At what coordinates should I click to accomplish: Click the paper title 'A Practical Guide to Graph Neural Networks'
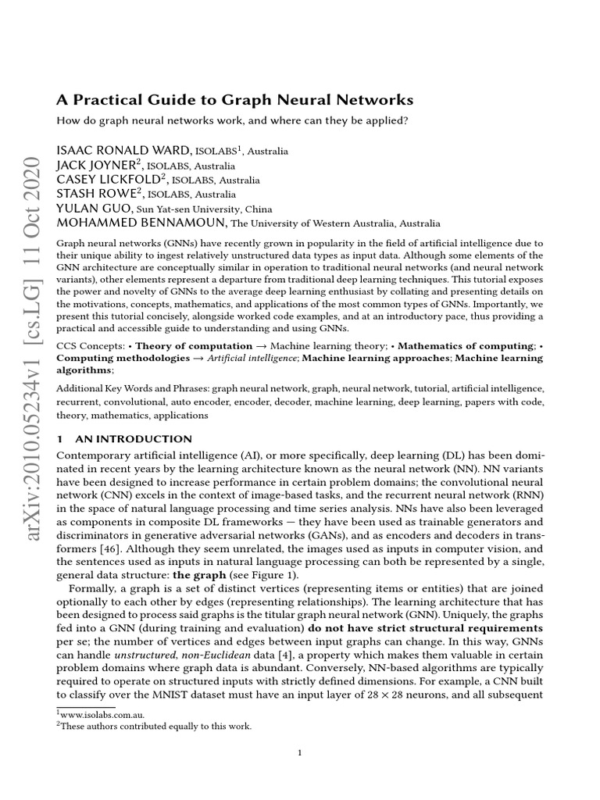coord(235,100)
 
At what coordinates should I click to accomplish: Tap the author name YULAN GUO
coord(95,209)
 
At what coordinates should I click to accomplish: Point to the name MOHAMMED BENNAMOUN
coord(141,223)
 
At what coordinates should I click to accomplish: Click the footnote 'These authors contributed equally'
coord(156,727)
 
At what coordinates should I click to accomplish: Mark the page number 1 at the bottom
coord(300,753)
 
